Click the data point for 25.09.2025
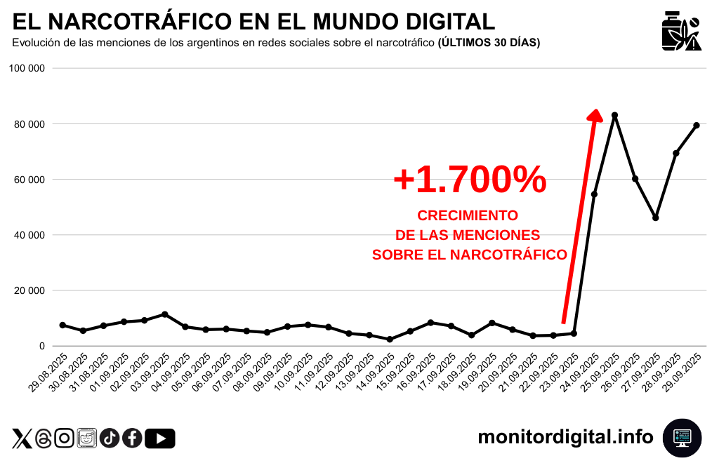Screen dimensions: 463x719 614,115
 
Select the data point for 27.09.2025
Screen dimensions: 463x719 655,218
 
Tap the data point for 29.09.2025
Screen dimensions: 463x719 697,126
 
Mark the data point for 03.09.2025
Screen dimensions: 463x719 164,314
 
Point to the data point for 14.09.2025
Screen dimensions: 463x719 389,340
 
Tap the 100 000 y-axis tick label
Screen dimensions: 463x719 27,69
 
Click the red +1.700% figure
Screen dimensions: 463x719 470,180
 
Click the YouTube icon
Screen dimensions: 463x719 160,438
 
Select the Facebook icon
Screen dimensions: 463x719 132,438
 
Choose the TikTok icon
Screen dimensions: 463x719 110,438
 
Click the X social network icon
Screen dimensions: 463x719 22,439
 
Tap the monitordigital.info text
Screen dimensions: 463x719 565,437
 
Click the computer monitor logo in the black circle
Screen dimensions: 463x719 682,438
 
